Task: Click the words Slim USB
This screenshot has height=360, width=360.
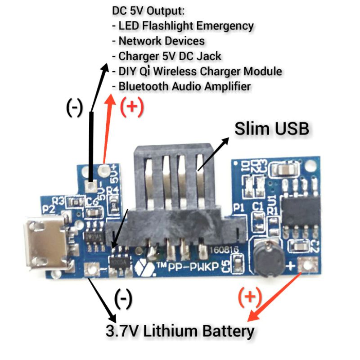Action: [272, 129]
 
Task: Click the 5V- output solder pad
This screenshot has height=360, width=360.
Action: [92, 185]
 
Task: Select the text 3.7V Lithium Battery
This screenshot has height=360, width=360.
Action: [180, 332]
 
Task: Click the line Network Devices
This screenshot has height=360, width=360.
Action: [161, 41]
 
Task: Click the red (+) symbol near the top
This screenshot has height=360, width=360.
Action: [131, 106]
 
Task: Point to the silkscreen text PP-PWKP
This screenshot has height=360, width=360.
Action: [193, 266]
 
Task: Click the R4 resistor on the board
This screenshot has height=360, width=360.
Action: [111, 197]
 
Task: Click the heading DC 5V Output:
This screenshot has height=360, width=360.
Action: [149, 10]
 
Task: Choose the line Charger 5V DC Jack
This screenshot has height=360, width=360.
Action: [170, 56]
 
